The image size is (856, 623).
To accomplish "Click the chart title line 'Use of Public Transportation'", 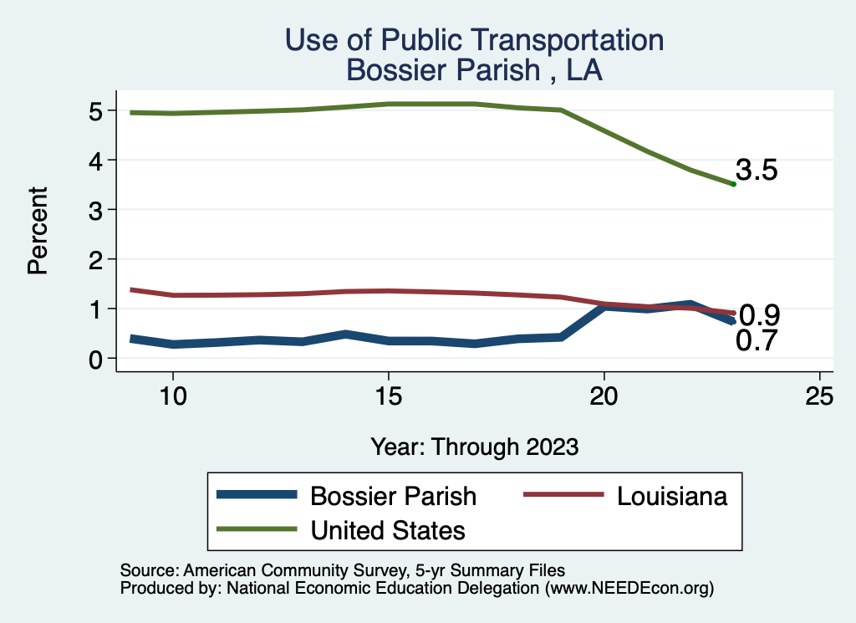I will click(474, 40).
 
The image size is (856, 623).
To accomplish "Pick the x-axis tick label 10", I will click(172, 396).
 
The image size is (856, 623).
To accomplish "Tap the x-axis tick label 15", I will click(388, 396).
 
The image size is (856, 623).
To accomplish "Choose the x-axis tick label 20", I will click(604, 396).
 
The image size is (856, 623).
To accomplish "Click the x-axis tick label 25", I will click(819, 396).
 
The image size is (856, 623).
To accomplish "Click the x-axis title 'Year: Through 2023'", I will click(474, 447).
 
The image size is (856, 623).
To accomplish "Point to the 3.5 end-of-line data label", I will click(757, 171).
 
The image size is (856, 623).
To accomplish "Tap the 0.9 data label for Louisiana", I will click(760, 316).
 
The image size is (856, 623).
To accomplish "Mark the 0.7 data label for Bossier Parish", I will click(757, 341).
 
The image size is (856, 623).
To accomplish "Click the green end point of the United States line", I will click(733, 184).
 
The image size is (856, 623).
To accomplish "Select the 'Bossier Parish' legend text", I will click(393, 496).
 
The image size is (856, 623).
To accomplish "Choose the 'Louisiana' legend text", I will click(673, 496).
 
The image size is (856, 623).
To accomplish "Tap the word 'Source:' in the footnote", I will click(147, 570).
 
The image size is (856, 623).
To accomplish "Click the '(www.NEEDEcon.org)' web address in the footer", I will click(629, 588).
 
